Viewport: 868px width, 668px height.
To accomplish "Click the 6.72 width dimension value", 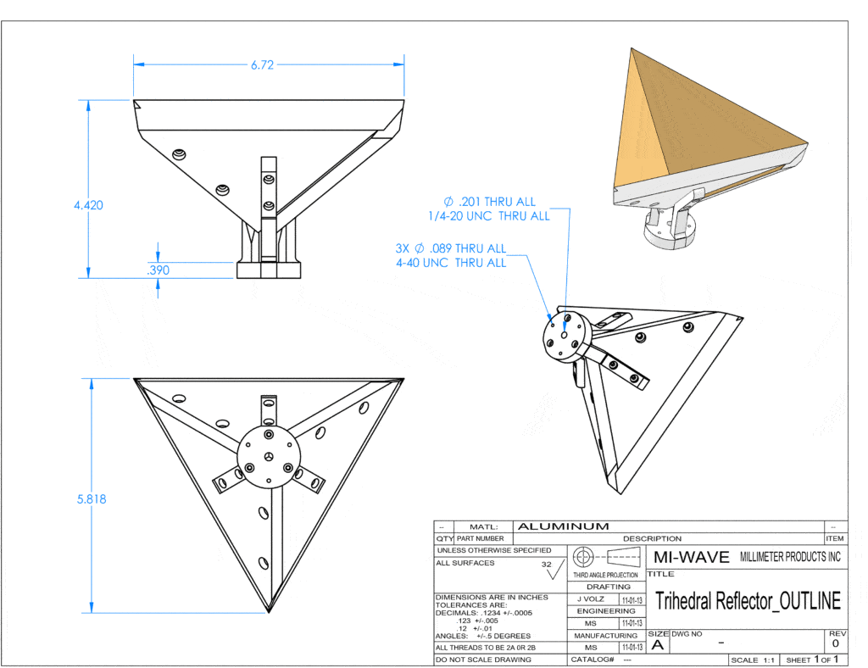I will click(262, 65).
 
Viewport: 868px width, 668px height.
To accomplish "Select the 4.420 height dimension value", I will click(88, 205).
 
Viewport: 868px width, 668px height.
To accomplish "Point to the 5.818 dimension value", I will click(91, 499).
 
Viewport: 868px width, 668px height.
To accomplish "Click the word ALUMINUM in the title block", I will click(563, 526).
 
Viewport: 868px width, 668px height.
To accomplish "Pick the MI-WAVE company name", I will click(691, 557).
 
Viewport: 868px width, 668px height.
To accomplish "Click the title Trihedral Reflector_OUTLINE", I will click(748, 601).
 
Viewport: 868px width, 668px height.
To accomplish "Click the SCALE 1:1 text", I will click(753, 660).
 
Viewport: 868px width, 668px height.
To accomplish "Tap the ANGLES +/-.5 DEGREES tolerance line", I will click(482, 636).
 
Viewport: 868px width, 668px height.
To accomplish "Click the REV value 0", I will click(835, 644).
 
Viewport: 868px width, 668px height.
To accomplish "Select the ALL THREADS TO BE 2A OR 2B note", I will click(485, 648).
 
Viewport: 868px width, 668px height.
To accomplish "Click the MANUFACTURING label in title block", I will click(606, 635).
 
